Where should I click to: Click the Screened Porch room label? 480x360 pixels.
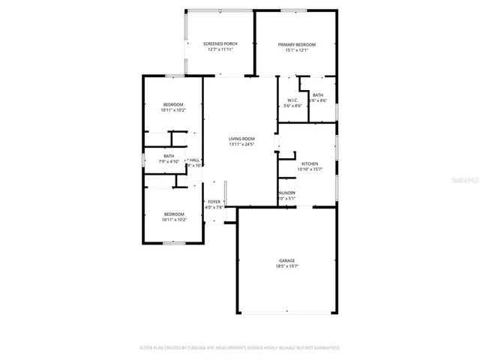(x=220, y=44)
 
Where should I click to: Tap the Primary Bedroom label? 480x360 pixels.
(x=294, y=44)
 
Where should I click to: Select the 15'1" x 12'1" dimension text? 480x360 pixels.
(x=294, y=50)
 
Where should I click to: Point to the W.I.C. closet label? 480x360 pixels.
(x=292, y=100)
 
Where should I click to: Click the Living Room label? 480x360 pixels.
(x=241, y=138)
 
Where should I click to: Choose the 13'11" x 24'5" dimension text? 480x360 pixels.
(x=241, y=144)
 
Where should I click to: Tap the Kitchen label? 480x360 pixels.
(x=310, y=163)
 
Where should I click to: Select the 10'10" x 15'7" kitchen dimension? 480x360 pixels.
(x=310, y=169)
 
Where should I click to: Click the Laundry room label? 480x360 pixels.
(x=286, y=193)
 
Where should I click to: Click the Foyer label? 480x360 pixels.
(x=214, y=202)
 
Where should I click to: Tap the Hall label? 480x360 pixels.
(x=194, y=160)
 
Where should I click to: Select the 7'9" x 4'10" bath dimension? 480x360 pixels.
(x=169, y=162)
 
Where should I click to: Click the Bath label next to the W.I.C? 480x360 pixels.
(x=318, y=95)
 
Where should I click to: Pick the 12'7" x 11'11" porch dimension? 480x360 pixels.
(x=220, y=50)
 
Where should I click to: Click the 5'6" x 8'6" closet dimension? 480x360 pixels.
(x=292, y=106)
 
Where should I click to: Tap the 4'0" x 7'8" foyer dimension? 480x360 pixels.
(x=214, y=208)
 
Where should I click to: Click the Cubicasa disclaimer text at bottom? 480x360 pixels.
(x=240, y=348)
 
